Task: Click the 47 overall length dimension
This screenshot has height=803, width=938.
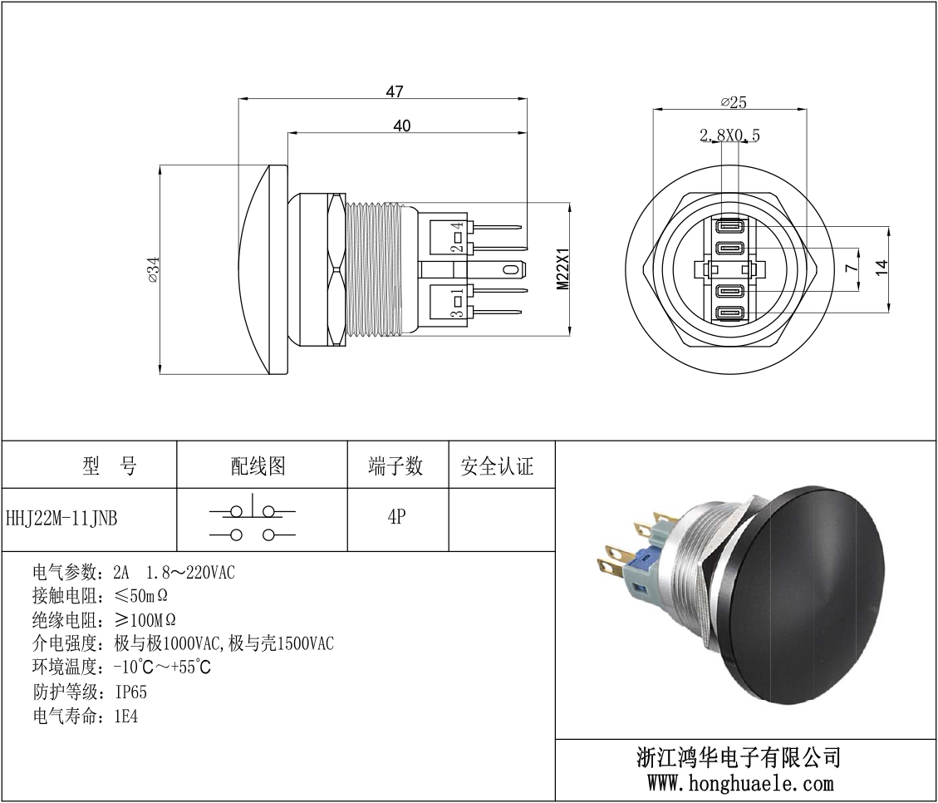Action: (x=395, y=91)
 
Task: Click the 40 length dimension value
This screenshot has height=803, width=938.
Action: (x=402, y=126)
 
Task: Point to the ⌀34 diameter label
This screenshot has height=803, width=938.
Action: (x=152, y=270)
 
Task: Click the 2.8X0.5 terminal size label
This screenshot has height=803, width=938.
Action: (x=729, y=135)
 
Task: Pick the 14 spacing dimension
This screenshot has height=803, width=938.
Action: (x=882, y=268)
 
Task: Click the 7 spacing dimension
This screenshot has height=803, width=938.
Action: (x=850, y=268)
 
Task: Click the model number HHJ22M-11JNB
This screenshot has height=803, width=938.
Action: (x=62, y=519)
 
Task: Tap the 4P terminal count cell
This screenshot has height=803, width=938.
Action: (x=396, y=517)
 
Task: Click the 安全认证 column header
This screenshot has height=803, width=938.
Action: (x=497, y=466)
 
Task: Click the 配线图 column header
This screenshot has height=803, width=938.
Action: (x=258, y=466)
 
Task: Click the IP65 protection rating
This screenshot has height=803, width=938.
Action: (x=131, y=692)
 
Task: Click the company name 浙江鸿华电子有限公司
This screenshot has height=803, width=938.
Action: (x=739, y=757)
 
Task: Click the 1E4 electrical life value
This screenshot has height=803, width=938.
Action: (x=126, y=716)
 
